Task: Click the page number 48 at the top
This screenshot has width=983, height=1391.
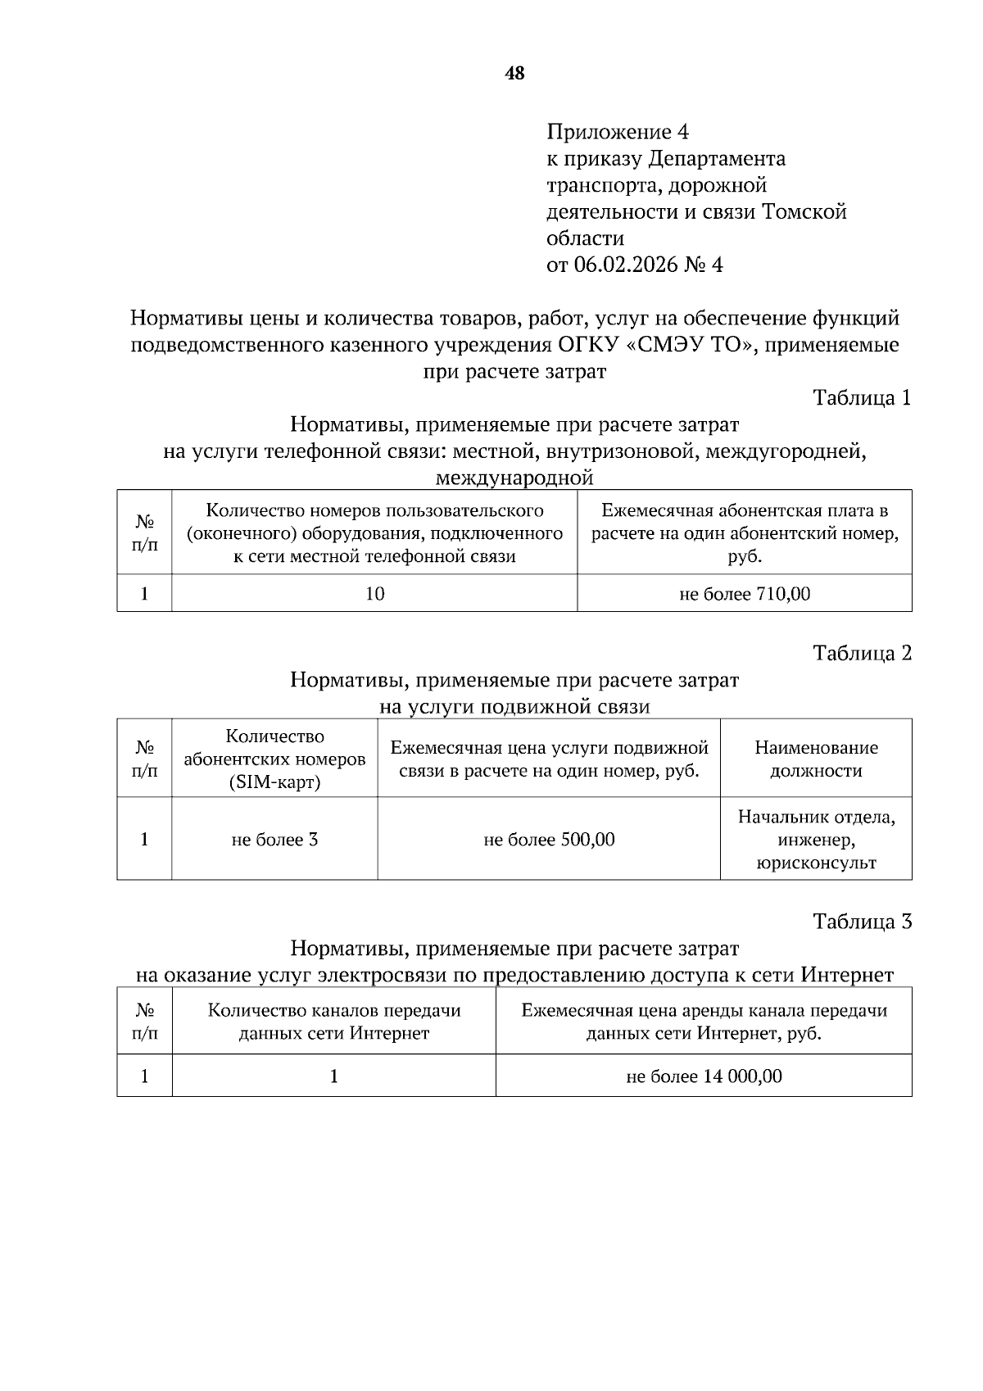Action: tap(514, 74)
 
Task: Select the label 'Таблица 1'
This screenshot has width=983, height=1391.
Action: tap(862, 398)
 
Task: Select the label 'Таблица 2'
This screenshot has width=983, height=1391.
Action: tap(862, 653)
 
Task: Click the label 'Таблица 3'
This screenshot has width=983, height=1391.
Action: tap(862, 922)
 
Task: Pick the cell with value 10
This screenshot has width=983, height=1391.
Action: tap(374, 594)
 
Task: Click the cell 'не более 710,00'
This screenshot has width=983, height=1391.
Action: tap(745, 594)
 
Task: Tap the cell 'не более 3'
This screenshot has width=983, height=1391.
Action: tap(274, 840)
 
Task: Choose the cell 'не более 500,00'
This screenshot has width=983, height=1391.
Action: tap(549, 840)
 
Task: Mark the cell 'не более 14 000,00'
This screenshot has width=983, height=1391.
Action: tap(704, 1076)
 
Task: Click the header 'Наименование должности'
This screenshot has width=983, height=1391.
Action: tap(816, 759)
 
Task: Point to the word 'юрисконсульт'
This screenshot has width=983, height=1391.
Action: tap(816, 863)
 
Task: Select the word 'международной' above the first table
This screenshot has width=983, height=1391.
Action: tap(514, 478)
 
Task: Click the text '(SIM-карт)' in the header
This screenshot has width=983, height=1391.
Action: tap(274, 782)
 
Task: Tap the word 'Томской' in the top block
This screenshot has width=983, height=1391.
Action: tap(804, 212)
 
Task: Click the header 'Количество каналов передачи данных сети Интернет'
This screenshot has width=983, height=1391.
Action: tap(334, 1022)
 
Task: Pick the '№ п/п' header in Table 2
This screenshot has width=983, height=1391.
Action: tap(144, 759)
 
